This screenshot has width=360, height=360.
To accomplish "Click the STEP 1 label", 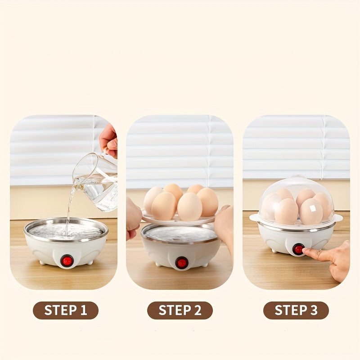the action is (x=66, y=310).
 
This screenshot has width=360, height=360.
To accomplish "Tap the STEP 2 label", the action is (x=180, y=310).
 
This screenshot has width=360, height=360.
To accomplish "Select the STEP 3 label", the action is (x=296, y=310).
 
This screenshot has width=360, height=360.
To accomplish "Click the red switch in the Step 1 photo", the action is (x=67, y=261).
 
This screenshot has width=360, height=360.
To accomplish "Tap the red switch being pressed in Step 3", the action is (x=298, y=249).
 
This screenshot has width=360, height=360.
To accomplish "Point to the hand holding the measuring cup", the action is (x=108, y=140).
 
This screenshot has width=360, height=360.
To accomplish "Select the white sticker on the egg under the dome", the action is (x=312, y=208).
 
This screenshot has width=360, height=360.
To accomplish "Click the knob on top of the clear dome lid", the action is (x=297, y=177).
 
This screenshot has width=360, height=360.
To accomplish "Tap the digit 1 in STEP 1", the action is (x=84, y=310).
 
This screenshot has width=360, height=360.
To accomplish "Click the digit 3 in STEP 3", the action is (x=314, y=310).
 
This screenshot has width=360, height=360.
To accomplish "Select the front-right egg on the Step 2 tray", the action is (x=189, y=207).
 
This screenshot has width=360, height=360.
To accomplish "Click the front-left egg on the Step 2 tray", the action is (x=164, y=206).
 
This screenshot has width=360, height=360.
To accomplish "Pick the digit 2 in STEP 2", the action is (x=198, y=310).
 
